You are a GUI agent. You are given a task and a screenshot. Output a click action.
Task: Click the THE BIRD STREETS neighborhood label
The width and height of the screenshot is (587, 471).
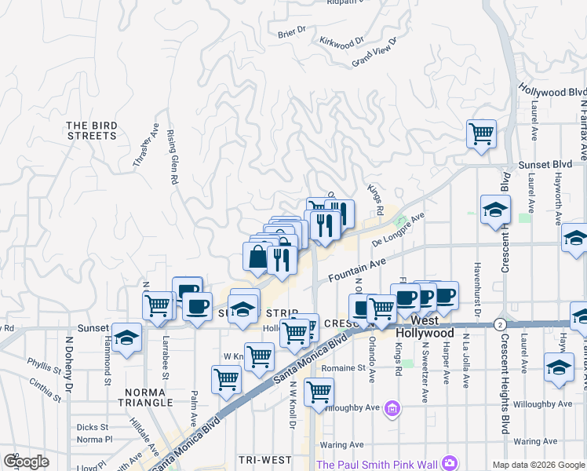click(x=91, y=130)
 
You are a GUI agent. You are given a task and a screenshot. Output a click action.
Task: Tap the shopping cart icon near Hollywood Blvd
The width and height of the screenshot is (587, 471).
click(x=481, y=133)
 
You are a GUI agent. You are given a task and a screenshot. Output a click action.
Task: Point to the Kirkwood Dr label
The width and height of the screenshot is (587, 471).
click(x=342, y=40)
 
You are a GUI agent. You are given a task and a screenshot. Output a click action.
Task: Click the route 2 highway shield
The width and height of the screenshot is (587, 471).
click(x=499, y=323)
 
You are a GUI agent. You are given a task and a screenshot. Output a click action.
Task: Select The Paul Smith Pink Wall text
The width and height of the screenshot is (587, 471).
click(x=377, y=462)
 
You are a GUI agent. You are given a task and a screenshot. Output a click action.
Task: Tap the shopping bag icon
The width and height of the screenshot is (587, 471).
click(x=258, y=256)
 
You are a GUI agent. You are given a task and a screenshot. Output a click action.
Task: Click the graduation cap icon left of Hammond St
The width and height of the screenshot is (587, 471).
click(x=126, y=338)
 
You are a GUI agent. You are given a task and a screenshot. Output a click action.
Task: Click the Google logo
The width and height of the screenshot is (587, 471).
click(x=26, y=462)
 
